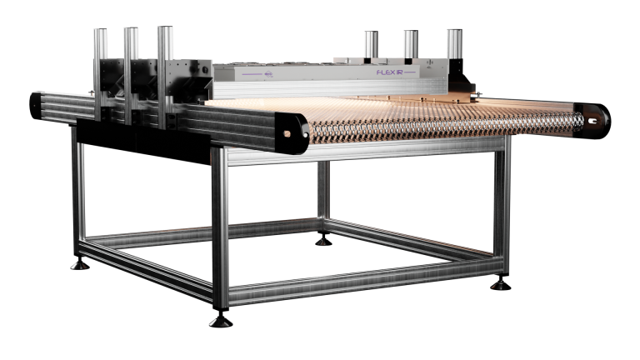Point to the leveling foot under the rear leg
point(322,242)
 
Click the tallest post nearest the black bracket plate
point(165,62)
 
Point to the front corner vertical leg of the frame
point(220,225)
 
